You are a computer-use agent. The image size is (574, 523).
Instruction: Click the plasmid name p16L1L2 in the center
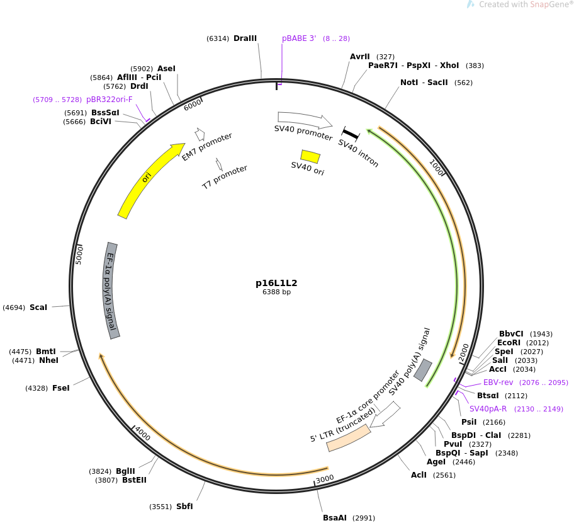pos(276,283)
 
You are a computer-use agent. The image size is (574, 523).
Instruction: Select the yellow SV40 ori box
pos(310,156)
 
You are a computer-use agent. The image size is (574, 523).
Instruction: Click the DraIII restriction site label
pos(245,38)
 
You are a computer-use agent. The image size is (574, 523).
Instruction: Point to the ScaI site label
pos(38,307)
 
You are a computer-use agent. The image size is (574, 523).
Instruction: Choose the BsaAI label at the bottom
pos(335,517)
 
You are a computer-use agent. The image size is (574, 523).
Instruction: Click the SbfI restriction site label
pos(184,506)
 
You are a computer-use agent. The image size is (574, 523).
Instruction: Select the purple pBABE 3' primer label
pos(299,38)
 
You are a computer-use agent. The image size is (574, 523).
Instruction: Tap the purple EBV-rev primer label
pos(498,382)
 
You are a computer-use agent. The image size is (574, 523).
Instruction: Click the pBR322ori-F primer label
pos(109,100)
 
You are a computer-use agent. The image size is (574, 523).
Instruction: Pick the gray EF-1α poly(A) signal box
pos(111,290)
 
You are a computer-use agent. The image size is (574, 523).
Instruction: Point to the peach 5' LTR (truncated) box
pos(349,438)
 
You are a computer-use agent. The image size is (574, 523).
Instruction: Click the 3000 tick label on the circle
pos(325,479)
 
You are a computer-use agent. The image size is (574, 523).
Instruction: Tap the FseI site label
pos(61,388)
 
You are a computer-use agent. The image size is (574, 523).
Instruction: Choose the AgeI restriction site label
pos(436,462)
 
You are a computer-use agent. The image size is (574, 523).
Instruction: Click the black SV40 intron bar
pos(351,134)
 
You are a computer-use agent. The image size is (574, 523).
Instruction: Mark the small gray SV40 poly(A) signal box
pos(423,370)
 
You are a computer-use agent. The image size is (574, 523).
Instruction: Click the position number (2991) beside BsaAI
pos(364,518)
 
